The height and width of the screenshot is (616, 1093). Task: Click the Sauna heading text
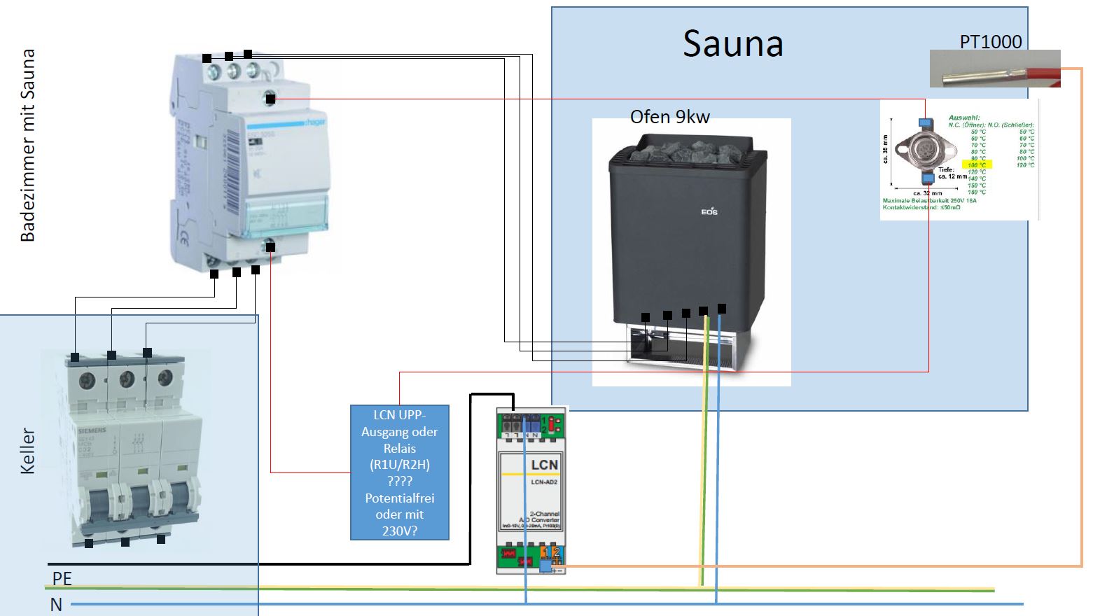732,44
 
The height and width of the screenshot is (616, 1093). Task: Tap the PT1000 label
990,42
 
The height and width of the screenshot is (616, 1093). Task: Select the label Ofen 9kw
669,117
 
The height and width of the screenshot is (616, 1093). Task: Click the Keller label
28,451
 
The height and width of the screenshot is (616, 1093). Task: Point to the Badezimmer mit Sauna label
28,146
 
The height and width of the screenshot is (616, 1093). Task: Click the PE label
62,578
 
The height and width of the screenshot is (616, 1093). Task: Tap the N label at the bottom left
56,604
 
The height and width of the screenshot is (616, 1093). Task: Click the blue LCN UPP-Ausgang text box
399,472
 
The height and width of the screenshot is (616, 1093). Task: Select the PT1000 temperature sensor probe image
994,69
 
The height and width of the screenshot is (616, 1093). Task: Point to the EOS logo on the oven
709,211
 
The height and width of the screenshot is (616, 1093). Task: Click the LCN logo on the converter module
544,465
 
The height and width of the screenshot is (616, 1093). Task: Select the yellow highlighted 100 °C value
977,165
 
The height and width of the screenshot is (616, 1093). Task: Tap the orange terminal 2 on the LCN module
557,552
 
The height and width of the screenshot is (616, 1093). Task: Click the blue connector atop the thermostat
924,122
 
